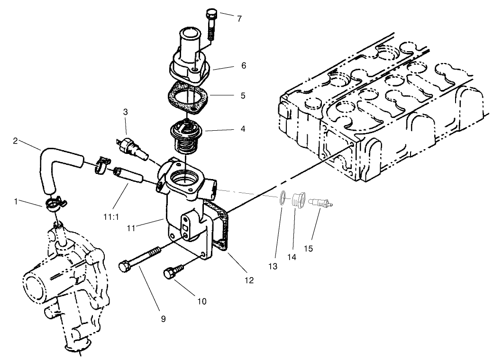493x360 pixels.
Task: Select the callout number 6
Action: point(243,65)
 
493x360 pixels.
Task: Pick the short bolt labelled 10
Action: point(171,274)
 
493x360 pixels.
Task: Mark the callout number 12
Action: point(249,280)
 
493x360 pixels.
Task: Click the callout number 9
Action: point(163,319)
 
